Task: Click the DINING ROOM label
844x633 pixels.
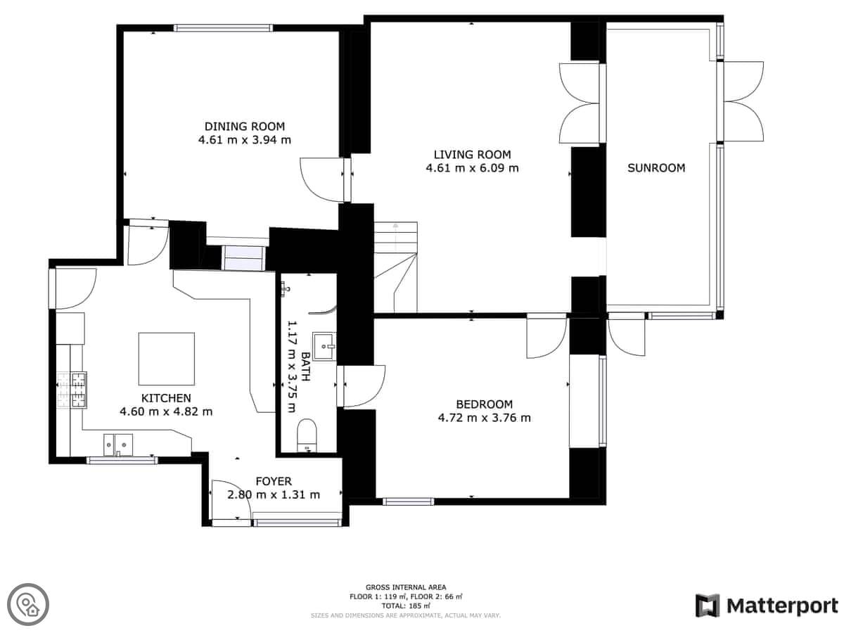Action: click(x=244, y=127)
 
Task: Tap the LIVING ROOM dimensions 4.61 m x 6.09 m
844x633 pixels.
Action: click(x=472, y=168)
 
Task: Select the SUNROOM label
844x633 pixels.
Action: click(x=656, y=168)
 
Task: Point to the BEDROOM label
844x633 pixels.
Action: click(x=484, y=404)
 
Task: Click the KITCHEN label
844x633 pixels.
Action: click(x=166, y=398)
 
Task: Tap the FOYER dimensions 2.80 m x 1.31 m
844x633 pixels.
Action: click(x=274, y=494)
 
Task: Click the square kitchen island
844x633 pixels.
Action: click(x=167, y=359)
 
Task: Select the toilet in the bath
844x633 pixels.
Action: click(x=307, y=435)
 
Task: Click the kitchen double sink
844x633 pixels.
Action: click(x=118, y=445)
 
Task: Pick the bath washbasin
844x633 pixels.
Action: click(x=324, y=346)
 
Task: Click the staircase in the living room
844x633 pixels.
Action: click(x=396, y=267)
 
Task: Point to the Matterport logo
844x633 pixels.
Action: click(x=767, y=606)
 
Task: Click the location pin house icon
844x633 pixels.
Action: click(x=28, y=604)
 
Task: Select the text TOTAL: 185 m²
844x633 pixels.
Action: click(x=406, y=606)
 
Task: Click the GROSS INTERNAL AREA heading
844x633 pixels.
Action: click(x=406, y=587)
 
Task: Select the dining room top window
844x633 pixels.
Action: click(x=224, y=27)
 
